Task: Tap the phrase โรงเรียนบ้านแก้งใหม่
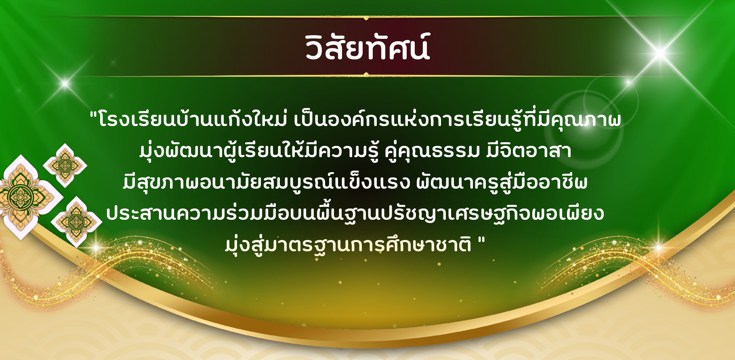point(193,120)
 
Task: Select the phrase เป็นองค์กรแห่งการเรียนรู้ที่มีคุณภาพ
point(457,120)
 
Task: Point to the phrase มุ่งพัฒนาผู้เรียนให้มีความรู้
point(259,151)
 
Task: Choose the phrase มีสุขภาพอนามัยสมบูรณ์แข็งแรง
point(267,182)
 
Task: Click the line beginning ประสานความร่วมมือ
point(355,213)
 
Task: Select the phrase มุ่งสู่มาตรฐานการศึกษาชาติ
point(348,244)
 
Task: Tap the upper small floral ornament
point(65,165)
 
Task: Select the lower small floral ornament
point(76,221)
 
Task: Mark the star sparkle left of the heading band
point(65,84)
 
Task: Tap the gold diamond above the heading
point(366,17)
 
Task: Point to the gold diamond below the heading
point(366,75)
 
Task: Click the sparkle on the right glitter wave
point(657,247)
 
